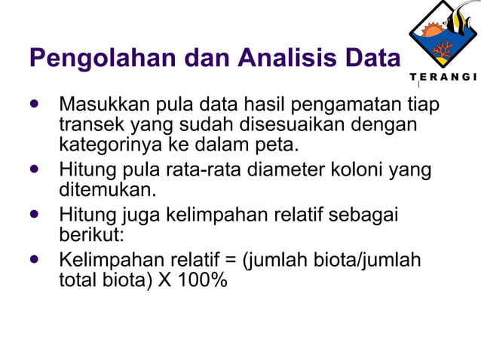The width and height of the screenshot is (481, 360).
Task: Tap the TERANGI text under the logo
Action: (443, 78)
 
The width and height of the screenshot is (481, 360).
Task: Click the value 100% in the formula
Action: (204, 281)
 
